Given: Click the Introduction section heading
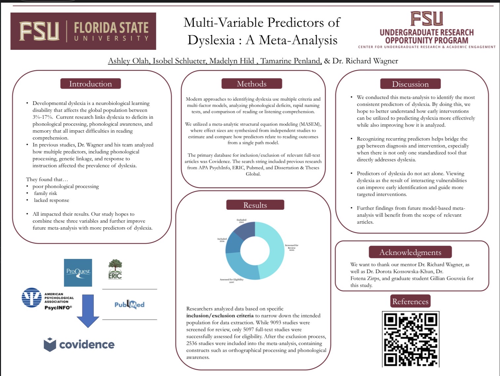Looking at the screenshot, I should click(90, 84).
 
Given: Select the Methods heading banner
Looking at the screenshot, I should click(252, 84).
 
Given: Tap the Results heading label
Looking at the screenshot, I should click(255, 205).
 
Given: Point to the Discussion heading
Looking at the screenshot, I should click(410, 84).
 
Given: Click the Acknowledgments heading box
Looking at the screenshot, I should click(410, 252).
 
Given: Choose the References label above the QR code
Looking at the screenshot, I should click(410, 301).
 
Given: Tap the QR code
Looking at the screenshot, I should click(411, 339).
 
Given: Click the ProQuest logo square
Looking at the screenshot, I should click(78, 272).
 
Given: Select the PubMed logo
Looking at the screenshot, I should click(129, 304).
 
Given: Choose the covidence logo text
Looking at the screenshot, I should click(87, 344).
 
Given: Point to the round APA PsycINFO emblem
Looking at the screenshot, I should click(32, 298).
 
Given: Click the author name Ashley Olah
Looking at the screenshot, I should click(128, 61).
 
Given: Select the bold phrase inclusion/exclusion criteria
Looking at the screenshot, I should click(220, 316).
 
